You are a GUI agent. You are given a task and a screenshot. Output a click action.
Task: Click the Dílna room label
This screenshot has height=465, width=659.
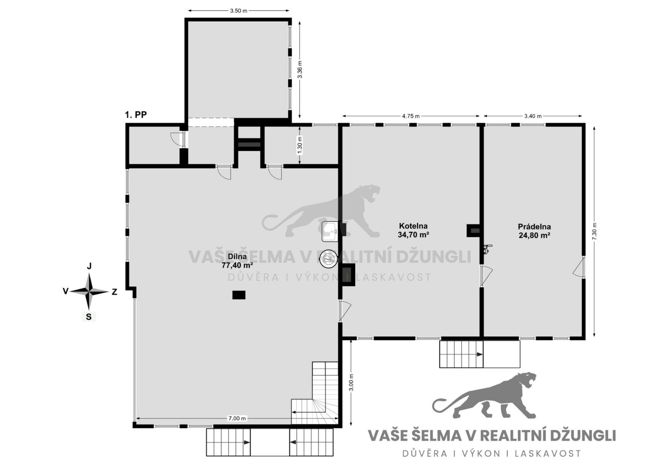pos(237,257)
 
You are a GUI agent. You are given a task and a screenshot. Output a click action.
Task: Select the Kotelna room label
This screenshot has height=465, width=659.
pos(413,226)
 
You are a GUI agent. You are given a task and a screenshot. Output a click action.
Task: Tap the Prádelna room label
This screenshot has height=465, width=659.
pos(534,227)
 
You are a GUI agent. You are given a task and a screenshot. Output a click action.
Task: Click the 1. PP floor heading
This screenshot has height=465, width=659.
pos(136,115)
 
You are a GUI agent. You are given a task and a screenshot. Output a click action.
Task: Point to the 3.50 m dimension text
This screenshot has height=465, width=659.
pos(239,11)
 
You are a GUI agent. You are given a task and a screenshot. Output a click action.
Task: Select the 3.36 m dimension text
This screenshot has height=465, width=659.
pos(300,70)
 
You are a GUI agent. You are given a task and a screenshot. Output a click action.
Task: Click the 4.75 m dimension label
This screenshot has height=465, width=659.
pos(411,116)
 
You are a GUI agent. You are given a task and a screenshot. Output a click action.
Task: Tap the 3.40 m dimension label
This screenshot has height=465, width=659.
pos(533,116)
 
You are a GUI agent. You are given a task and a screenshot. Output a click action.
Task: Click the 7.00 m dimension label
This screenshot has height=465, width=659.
pos(237,418)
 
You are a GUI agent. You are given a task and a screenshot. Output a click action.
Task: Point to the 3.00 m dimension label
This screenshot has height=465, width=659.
pos(351,382)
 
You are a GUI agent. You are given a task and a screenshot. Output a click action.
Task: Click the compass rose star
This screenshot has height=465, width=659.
pos(89,292)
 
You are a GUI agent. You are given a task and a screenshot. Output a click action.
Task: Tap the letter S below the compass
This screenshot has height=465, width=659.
pos(89,317)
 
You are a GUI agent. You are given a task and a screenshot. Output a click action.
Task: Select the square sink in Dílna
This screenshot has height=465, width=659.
pos(330,231)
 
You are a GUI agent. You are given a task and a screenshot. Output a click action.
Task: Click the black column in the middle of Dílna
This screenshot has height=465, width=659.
pos(239,295)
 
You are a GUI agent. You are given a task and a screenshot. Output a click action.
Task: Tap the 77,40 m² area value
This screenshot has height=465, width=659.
pos(237,265)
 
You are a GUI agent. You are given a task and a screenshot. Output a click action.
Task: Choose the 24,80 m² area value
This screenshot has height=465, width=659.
pos(534,235)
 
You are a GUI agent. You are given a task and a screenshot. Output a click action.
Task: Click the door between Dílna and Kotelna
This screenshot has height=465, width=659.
pos(344,311)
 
